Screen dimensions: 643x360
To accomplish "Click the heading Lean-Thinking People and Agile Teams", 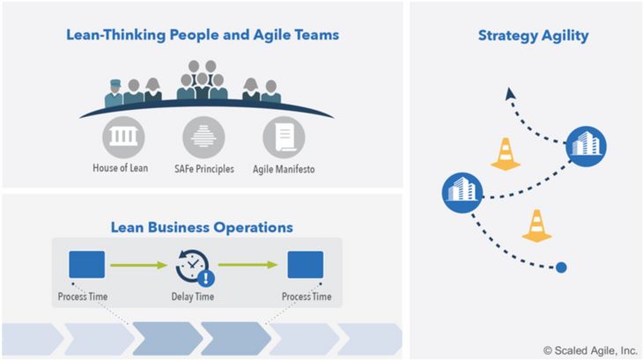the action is click(203, 35).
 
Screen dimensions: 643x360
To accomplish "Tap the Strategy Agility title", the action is click(533, 35).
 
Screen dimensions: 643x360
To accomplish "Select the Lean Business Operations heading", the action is click(202, 227).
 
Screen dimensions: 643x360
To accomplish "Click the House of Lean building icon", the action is click(123, 137).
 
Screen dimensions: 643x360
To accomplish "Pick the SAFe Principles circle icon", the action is click(203, 137).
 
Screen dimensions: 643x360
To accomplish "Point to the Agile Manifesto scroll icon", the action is click(284, 137).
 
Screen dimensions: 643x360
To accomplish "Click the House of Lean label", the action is click(120, 168).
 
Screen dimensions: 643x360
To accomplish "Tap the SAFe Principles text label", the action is click(204, 169).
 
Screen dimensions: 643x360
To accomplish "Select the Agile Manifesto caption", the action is click(284, 169).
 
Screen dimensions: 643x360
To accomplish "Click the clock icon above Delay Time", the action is click(192, 266).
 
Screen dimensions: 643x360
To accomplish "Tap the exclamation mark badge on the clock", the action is click(206, 278).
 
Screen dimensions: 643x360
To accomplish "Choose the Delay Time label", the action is click(193, 297).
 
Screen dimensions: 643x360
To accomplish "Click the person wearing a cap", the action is click(114, 93).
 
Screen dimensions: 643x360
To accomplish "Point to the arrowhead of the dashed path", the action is click(510, 93).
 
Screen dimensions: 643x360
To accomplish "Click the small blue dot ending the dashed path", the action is click(561, 268).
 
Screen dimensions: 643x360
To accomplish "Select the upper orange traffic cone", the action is click(506, 154).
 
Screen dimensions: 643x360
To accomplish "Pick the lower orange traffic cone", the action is click(536, 225).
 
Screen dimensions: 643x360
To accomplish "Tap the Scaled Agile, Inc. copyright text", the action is click(590, 350).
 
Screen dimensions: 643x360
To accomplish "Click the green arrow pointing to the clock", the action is click(139, 265).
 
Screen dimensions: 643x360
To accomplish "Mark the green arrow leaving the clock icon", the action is click(248, 265).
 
